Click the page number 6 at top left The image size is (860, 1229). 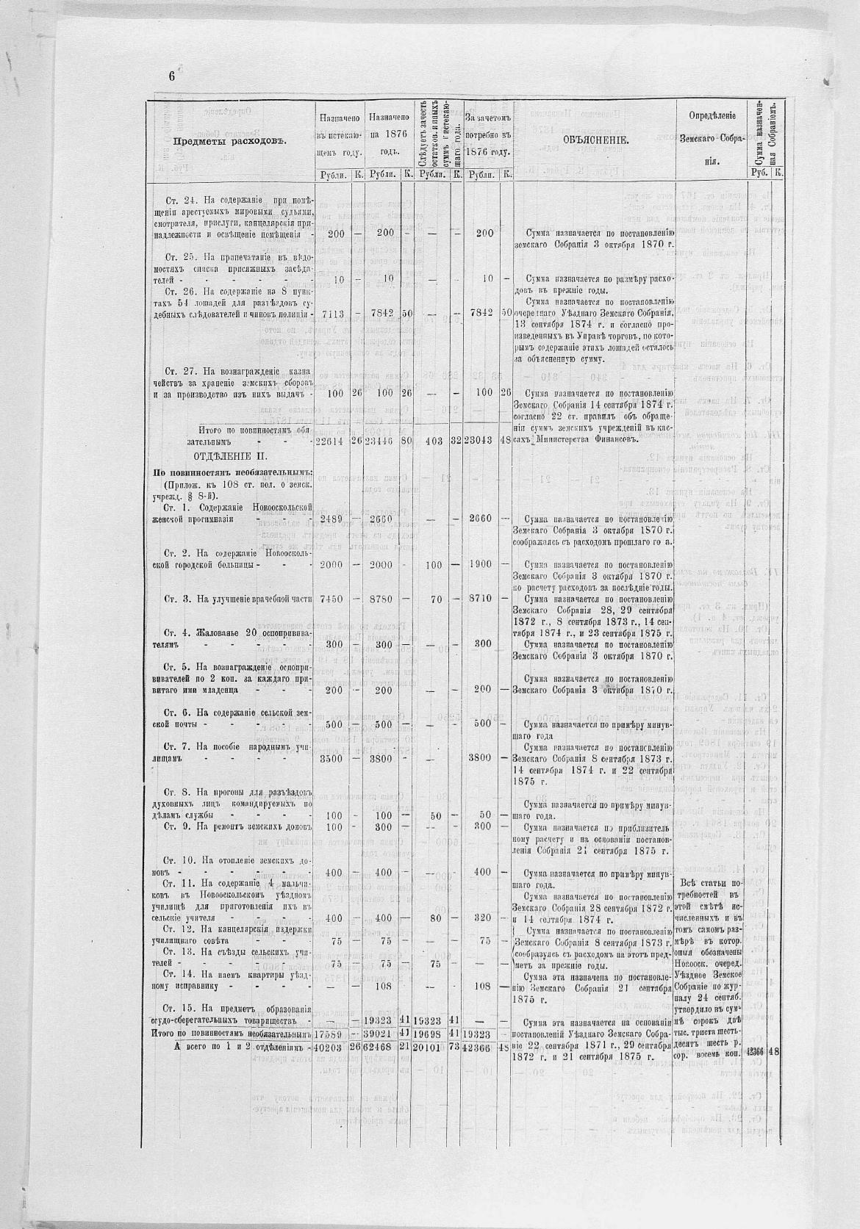[x=172, y=76]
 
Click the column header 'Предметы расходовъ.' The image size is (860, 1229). [x=229, y=141]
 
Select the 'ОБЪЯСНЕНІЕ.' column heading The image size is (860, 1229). [x=595, y=140]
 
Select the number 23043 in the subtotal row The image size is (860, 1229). [x=481, y=441]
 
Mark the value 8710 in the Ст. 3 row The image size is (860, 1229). [x=482, y=599]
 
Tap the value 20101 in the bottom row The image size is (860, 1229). [x=430, y=1047]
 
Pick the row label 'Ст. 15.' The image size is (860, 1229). [x=178, y=1008]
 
